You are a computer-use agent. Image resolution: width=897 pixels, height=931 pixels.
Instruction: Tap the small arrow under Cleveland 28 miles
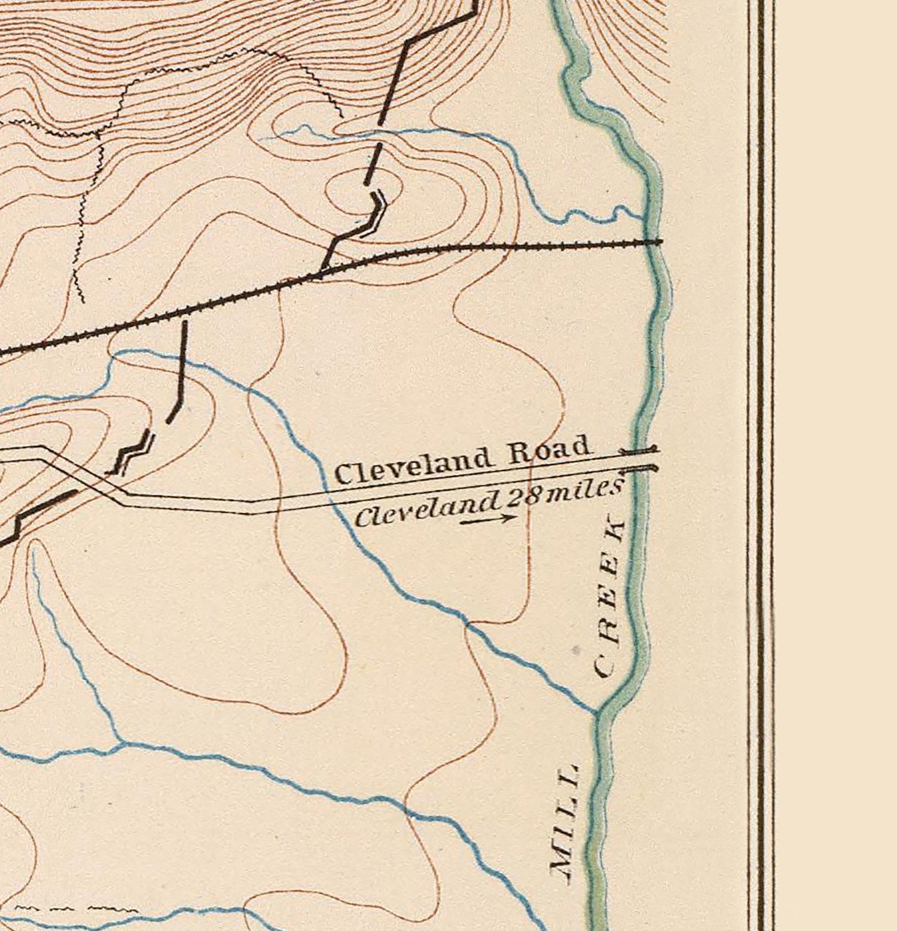click(487, 520)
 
